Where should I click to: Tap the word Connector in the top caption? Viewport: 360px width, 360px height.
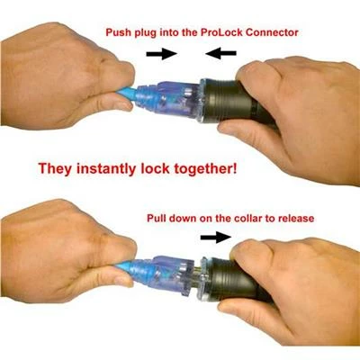[x=272, y=32]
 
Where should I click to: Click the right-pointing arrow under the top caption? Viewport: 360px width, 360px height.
[x=162, y=54]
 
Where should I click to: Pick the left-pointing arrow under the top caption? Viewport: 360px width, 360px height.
[x=220, y=54]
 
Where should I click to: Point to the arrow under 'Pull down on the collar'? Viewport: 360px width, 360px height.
[x=216, y=237]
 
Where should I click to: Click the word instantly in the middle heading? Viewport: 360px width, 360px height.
[x=106, y=168]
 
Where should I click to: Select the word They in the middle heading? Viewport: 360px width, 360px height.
[x=56, y=168]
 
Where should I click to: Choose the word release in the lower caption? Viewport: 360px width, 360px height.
[x=295, y=218]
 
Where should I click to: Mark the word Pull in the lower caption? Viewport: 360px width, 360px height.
[x=157, y=218]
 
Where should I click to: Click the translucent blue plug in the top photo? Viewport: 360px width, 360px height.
[x=168, y=97]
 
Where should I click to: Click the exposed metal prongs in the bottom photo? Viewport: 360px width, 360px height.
[x=200, y=276]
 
